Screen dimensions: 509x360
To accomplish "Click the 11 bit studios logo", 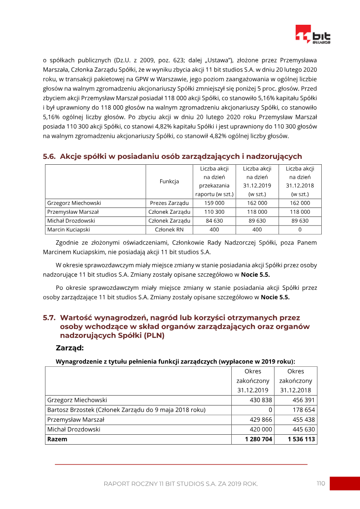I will tap(313, 35).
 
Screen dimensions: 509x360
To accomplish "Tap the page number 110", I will tap(320, 483).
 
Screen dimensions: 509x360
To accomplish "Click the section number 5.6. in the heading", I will tap(49, 157).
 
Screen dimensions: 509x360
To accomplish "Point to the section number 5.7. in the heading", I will tap(49, 318).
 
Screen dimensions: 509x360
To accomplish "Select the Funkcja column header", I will tap(169, 181).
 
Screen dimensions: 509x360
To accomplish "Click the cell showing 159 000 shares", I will tap(214, 203).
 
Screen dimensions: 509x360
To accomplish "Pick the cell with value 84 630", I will tap(214, 221).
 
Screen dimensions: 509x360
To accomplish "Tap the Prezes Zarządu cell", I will tap(169, 203).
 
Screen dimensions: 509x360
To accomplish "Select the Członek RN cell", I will tap(169, 230).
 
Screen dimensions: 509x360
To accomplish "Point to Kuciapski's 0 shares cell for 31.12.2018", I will tap(300, 230).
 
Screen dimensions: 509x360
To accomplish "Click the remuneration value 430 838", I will tap(261, 400).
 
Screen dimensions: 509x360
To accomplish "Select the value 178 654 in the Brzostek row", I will tap(301, 410).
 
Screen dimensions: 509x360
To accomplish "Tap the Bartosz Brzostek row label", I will tap(126, 410).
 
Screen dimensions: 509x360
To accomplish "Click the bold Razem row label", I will tap(57, 439).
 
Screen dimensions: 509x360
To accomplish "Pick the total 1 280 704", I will tap(259, 439).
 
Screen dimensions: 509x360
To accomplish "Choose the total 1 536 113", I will tap(301, 439).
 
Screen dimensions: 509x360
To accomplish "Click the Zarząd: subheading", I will tap(70, 348).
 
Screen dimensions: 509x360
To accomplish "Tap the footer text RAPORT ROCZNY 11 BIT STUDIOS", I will tap(180, 484).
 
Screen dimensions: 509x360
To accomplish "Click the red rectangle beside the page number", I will tap(344, 483).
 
